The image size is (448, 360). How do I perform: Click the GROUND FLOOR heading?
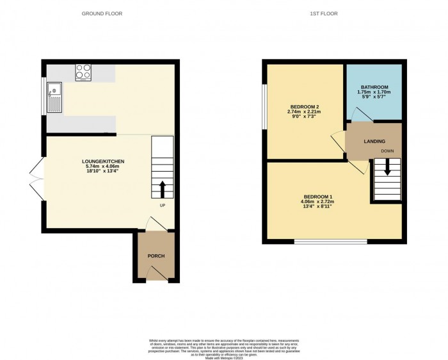(x=102, y=13)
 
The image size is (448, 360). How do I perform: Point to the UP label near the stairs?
(x=163, y=206)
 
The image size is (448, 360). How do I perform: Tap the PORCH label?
(x=156, y=256)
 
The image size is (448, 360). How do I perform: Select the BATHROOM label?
(x=374, y=86)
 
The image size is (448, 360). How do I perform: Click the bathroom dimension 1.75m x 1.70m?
(x=374, y=92)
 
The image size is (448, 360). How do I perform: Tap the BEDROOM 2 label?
(x=303, y=107)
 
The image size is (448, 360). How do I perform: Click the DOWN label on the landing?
(x=387, y=151)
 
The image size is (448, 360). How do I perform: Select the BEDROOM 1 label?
(x=318, y=197)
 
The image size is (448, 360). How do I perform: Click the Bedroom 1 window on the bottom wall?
(x=330, y=241)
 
